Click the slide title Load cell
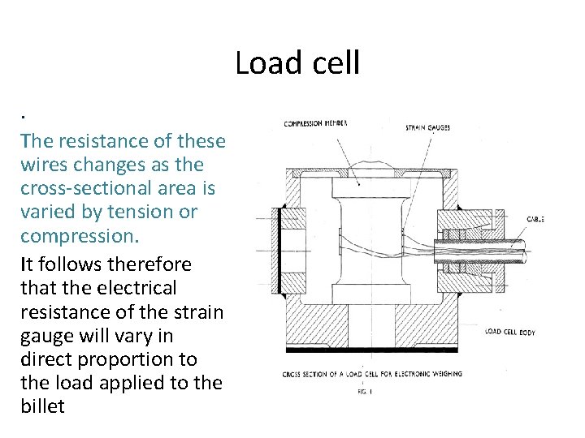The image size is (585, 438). (297, 63)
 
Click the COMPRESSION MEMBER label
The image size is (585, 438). (315, 123)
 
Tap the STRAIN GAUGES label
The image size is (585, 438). (427, 127)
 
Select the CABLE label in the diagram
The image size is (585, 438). (535, 219)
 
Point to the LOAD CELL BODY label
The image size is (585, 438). (509, 332)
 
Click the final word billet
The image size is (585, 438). (42, 406)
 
